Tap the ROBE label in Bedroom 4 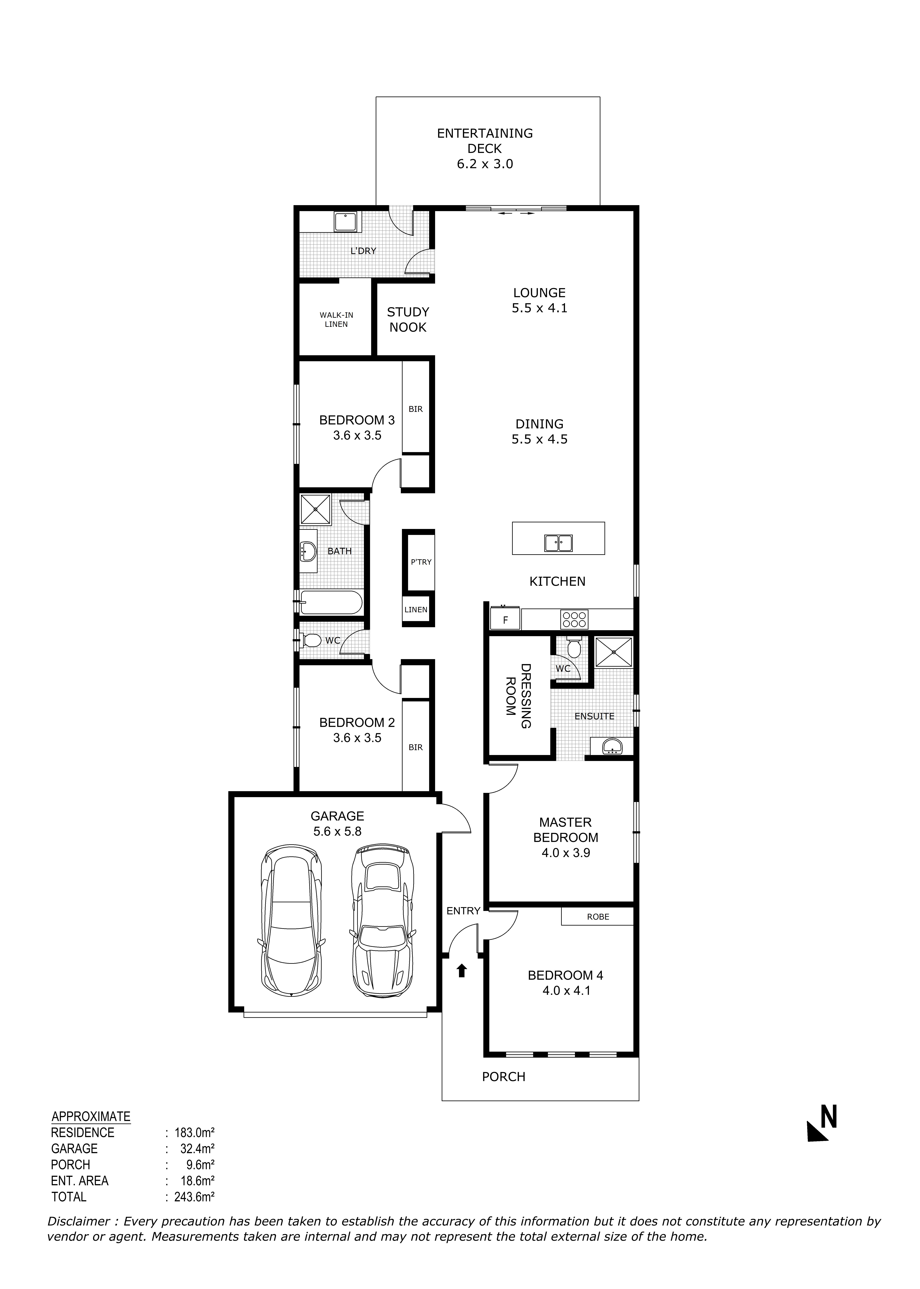tap(598, 916)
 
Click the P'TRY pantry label tap(421, 562)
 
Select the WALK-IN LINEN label tap(336, 320)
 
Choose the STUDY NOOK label tap(408, 320)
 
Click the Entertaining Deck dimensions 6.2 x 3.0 tap(485, 164)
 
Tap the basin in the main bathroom tap(307, 550)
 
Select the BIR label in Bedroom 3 tap(415, 409)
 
